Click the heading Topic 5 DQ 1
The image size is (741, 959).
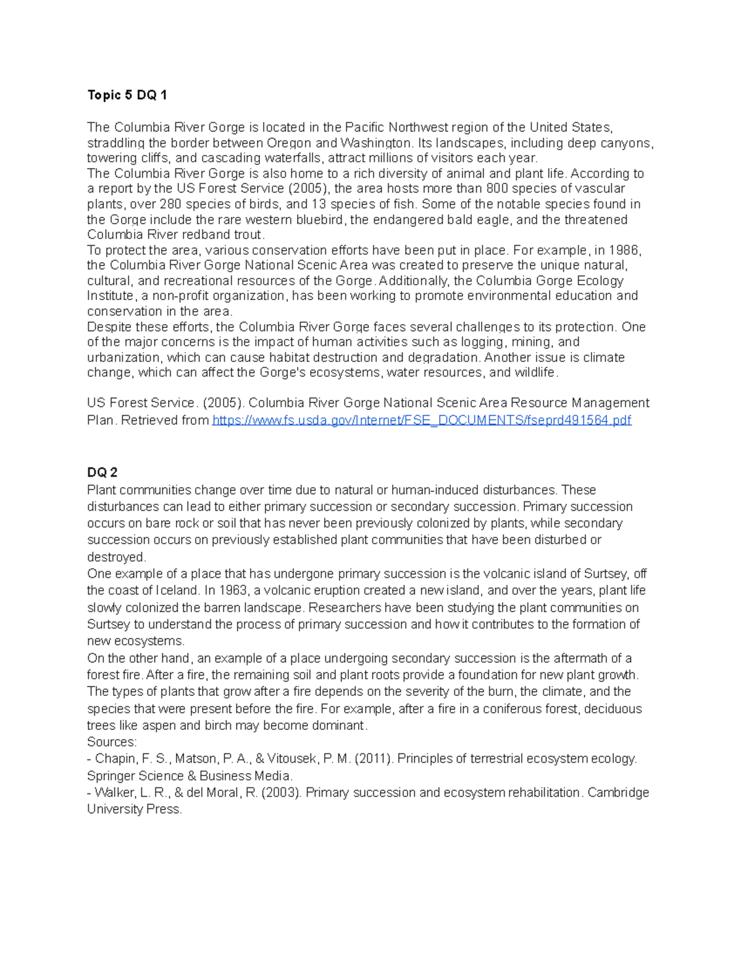(127, 95)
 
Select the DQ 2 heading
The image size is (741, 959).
(103, 472)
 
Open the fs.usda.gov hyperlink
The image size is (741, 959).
(421, 421)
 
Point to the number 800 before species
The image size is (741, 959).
(497, 189)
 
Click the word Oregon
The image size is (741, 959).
(293, 143)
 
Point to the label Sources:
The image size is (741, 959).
(112, 742)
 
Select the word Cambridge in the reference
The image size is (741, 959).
(618, 792)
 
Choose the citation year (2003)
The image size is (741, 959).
(282, 792)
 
